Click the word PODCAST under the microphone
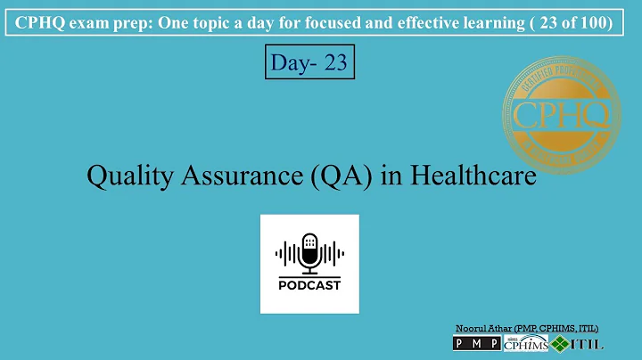point(309,285)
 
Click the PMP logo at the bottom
point(477,344)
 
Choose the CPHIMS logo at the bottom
point(525,344)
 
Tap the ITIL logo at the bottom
point(578,344)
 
